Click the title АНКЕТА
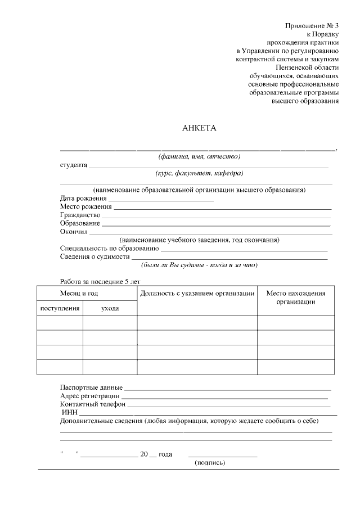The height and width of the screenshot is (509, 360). pyautogui.click(x=199, y=128)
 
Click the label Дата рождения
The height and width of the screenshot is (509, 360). pyautogui.click(x=83, y=198)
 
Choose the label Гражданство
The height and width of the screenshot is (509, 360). pyautogui.click(x=80, y=215)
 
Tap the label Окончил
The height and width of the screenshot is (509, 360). pyautogui.click(x=74, y=231)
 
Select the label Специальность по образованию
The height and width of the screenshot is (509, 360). pyautogui.click(x=109, y=248)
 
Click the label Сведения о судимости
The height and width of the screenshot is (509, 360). pyautogui.click(x=94, y=256)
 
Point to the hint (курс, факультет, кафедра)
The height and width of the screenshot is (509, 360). pyautogui.click(x=199, y=173)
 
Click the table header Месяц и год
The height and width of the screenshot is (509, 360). pyautogui.click(x=79, y=294)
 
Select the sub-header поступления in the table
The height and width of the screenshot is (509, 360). pyautogui.click(x=60, y=308)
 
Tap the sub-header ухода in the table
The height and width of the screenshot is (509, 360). pyautogui.click(x=110, y=308)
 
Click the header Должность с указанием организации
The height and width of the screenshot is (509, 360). pyautogui.click(x=197, y=294)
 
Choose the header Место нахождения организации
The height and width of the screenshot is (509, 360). pyautogui.click(x=295, y=298)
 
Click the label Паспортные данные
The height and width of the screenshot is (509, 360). pyautogui.click(x=91, y=388)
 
